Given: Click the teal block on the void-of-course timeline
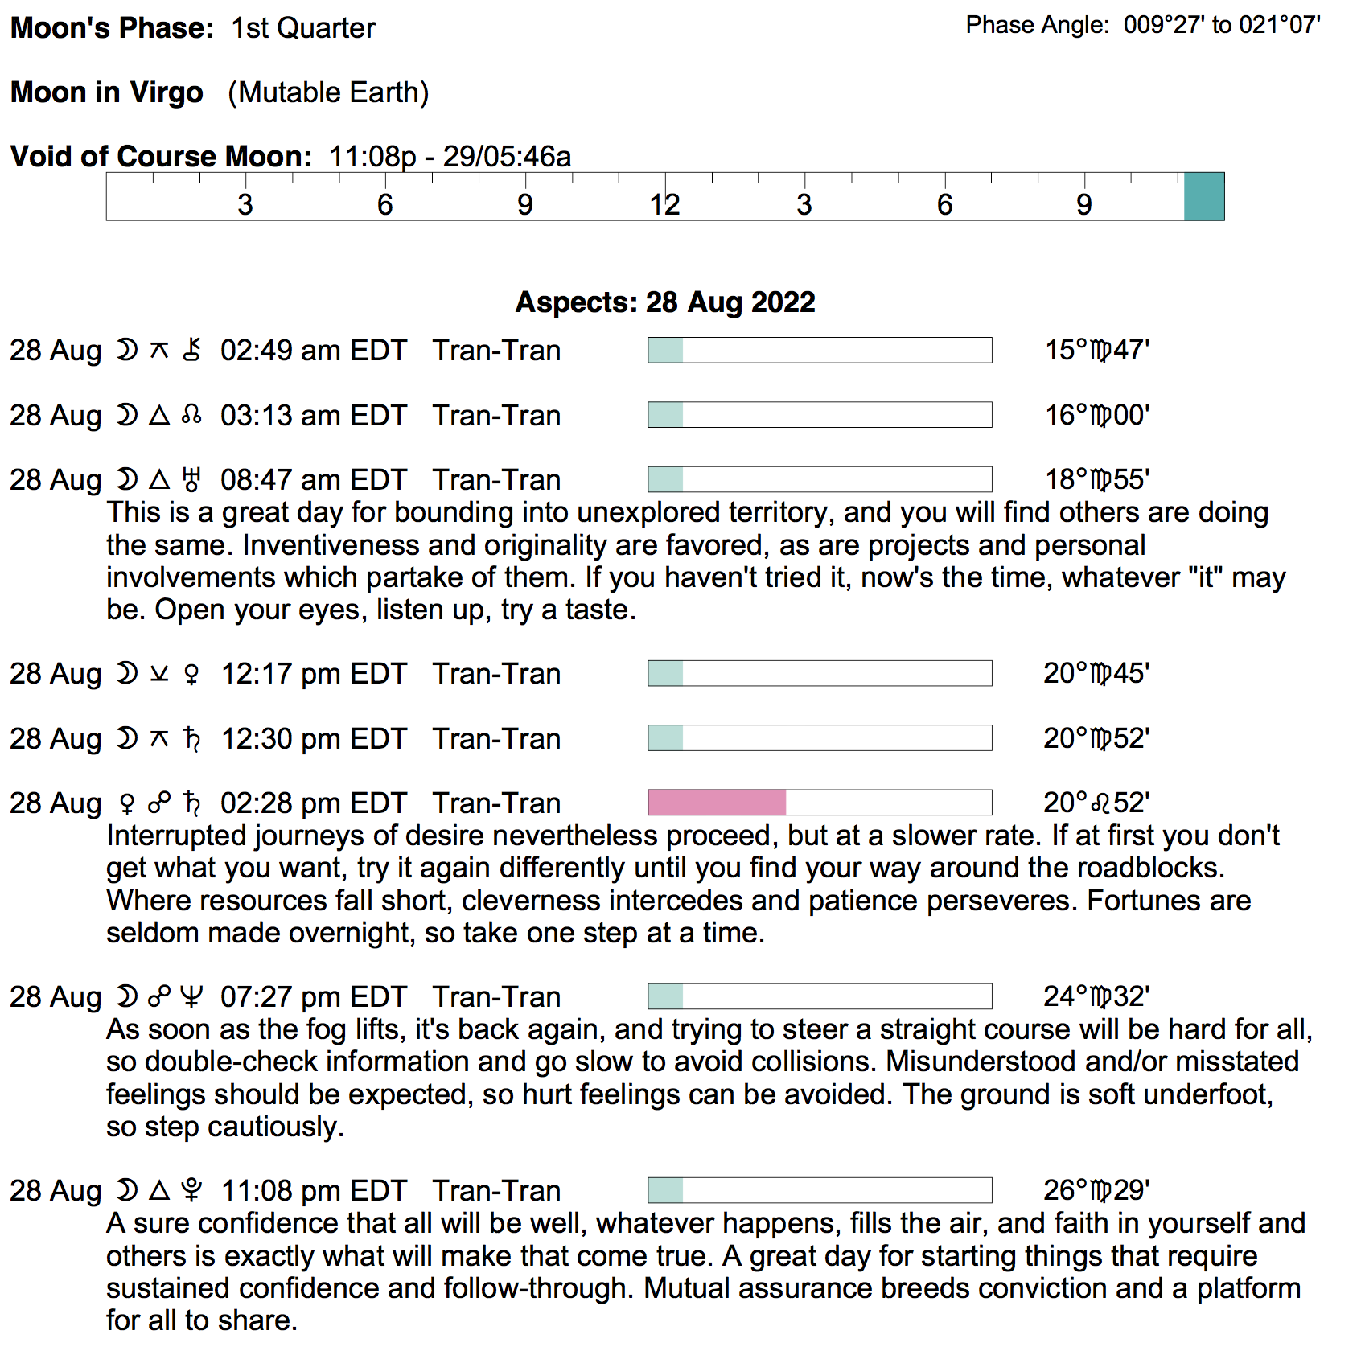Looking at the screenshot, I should pyautogui.click(x=1203, y=196).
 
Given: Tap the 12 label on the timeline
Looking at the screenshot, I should pyautogui.click(x=665, y=205).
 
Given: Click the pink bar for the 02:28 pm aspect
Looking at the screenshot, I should pyautogui.click(x=717, y=803).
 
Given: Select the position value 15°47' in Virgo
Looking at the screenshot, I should pyautogui.click(x=1097, y=351).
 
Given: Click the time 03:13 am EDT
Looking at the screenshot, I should pyautogui.click(x=314, y=416).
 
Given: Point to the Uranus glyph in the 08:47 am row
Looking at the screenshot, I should pyautogui.click(x=191, y=480).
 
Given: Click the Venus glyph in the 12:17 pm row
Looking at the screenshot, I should pyautogui.click(x=191, y=674).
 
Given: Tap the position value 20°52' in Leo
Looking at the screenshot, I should pyautogui.click(x=1096, y=803).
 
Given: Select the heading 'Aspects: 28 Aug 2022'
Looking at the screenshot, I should pyautogui.click(x=665, y=302).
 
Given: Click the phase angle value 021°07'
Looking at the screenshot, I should pyautogui.click(x=1279, y=26).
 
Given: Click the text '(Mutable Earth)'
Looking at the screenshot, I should pyautogui.click(x=328, y=92).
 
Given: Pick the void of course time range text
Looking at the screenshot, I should pyautogui.click(x=450, y=157).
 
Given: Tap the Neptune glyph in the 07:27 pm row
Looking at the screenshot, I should pyautogui.click(x=191, y=997).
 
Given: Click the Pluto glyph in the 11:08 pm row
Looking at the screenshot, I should pyautogui.click(x=191, y=1190).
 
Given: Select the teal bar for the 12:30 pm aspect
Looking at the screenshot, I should pyautogui.click(x=666, y=738).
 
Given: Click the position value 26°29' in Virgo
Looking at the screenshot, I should pyautogui.click(x=1096, y=1190).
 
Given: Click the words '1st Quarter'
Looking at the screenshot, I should pyautogui.click(x=303, y=28).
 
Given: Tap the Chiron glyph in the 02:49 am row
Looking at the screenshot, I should pyautogui.click(x=191, y=351).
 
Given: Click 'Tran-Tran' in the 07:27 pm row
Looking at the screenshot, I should pyautogui.click(x=496, y=997).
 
